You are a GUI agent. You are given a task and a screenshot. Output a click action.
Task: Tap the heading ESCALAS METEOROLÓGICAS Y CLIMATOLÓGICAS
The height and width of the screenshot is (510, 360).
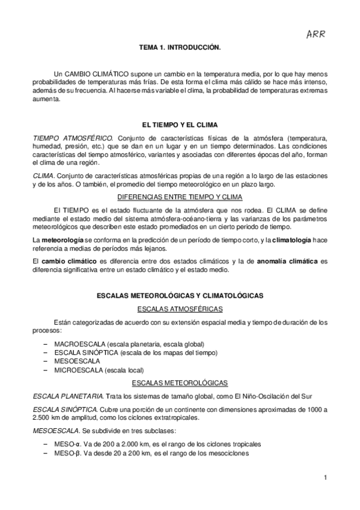click(x=180, y=296)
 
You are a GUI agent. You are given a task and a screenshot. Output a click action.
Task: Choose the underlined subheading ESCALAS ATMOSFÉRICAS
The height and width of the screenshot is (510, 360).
click(x=180, y=309)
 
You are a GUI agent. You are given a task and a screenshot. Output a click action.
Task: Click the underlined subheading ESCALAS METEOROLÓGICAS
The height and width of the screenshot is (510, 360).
click(x=180, y=382)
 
